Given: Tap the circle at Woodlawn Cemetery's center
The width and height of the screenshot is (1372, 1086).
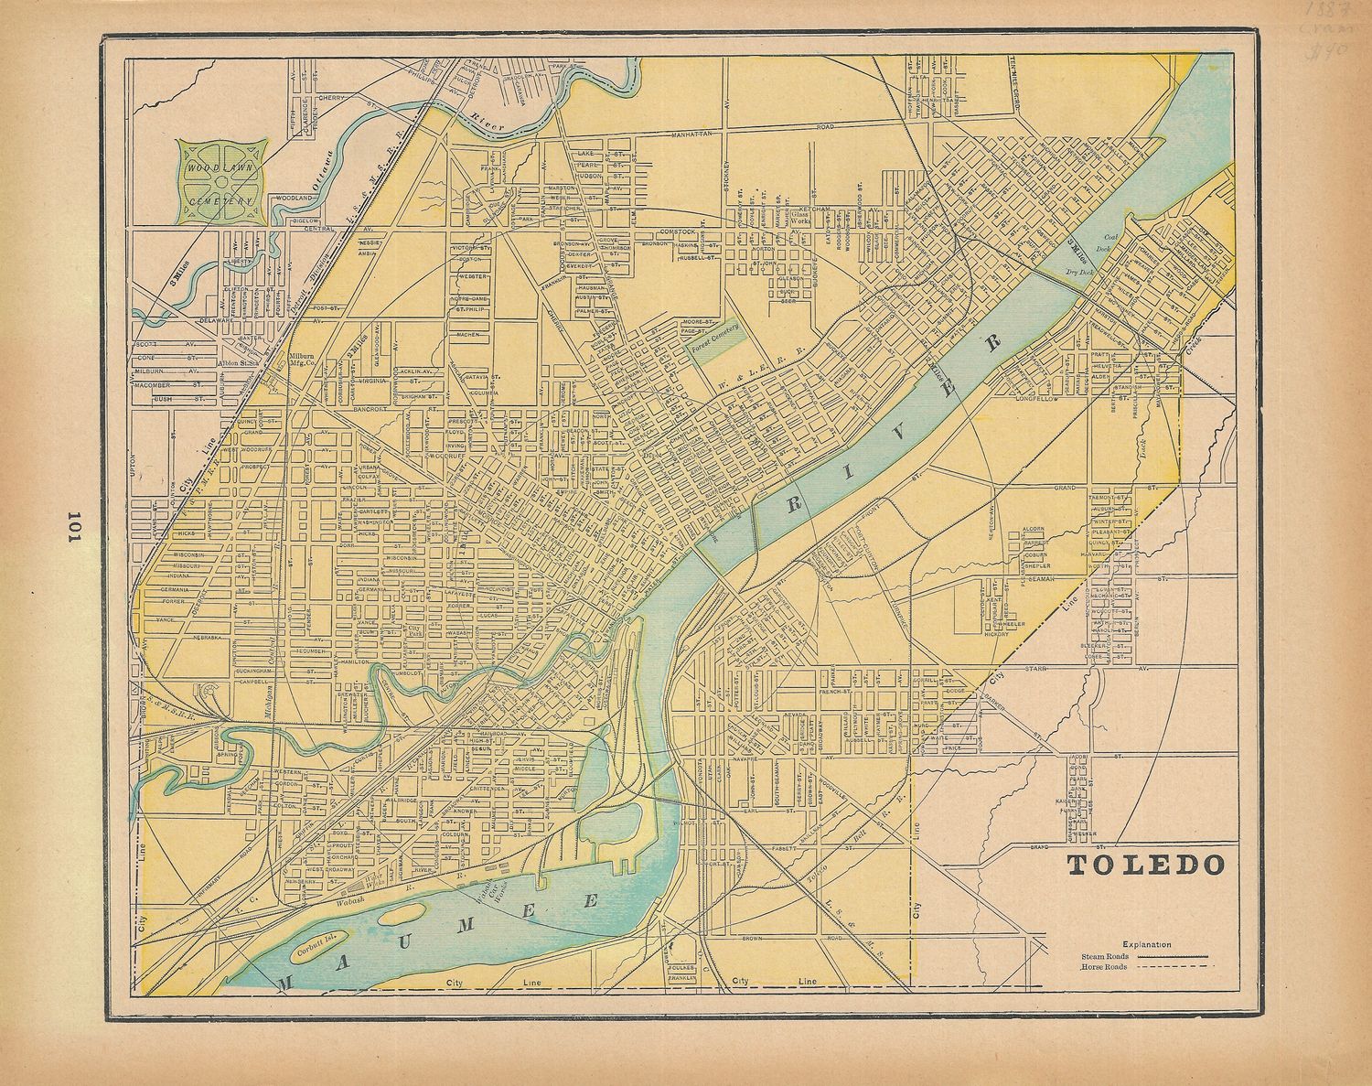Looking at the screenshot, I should tap(223, 180).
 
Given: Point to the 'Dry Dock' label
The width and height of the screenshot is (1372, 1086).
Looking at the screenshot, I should tap(1079, 271).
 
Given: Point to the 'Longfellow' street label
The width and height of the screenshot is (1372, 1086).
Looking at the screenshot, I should tap(1036, 399).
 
